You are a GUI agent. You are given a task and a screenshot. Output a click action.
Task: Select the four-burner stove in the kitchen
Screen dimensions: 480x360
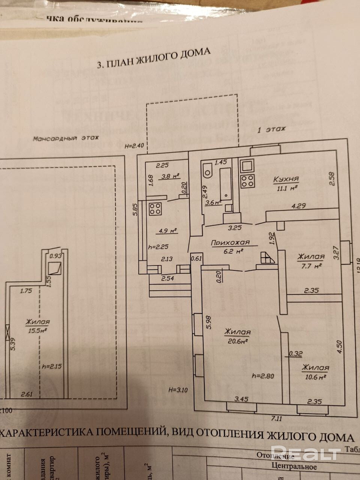coord(247,181)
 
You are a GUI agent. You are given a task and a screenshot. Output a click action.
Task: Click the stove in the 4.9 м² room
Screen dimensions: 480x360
coord(156,208)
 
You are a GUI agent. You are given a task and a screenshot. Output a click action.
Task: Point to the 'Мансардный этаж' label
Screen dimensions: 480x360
coord(66,138)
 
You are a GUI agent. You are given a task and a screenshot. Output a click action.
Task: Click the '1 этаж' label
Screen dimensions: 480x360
coord(271,130)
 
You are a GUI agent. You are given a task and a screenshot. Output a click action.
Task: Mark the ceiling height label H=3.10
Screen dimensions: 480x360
coord(178,389)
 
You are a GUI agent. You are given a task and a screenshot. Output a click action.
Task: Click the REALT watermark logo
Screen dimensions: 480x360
coord(305,453)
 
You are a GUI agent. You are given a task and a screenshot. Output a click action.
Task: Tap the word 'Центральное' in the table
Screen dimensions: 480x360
coord(294,467)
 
